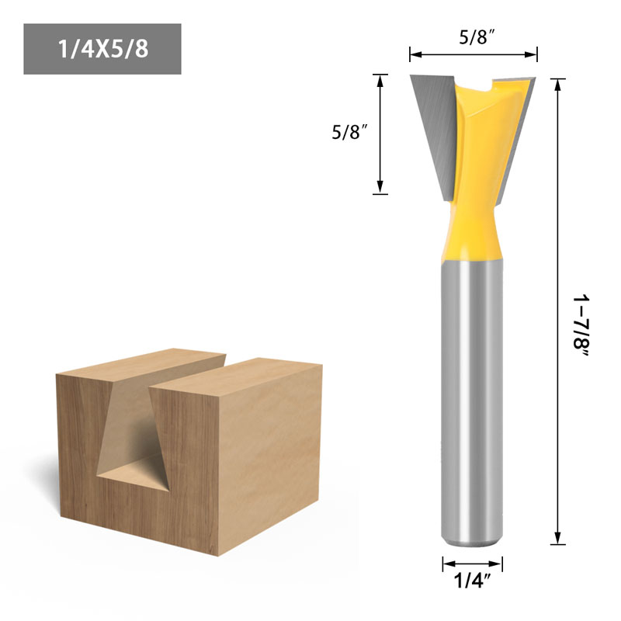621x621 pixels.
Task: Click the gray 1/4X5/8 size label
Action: (102, 49)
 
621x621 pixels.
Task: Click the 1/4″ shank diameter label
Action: (473, 582)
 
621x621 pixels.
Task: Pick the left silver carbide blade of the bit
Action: (431, 128)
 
